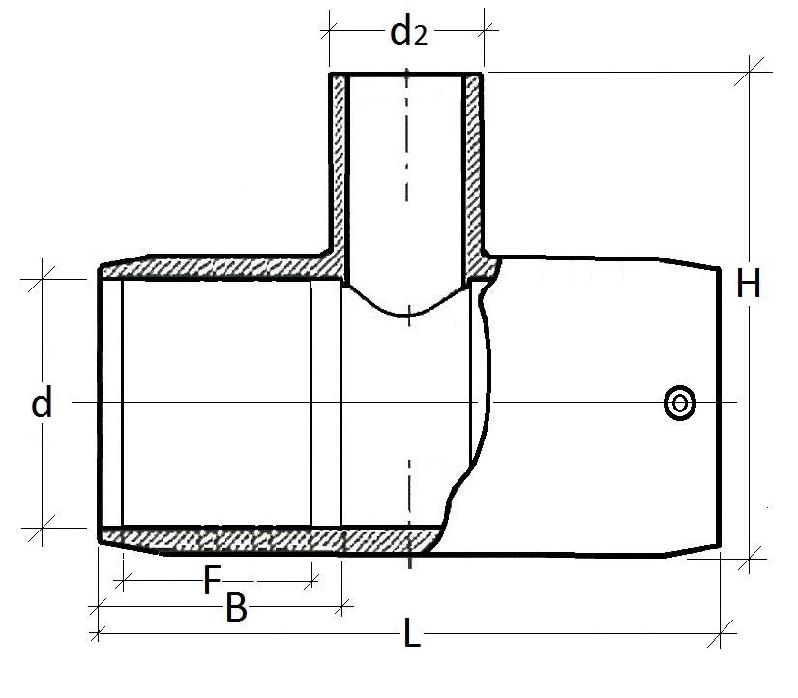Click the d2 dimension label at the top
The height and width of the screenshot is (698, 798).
pyautogui.click(x=407, y=33)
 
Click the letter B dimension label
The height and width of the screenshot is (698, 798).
pyautogui.click(x=235, y=609)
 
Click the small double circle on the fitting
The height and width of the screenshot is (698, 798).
pyautogui.click(x=679, y=403)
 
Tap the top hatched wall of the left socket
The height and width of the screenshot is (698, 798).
pyautogui.click(x=213, y=268)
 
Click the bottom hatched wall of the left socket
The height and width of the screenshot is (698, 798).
pyautogui.click(x=213, y=535)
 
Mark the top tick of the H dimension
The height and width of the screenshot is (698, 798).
pyautogui.click(x=752, y=73)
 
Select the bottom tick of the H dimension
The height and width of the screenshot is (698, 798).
pyautogui.click(x=752, y=558)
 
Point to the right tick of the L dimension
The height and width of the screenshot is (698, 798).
pyautogui.click(x=721, y=634)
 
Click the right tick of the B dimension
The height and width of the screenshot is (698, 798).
pyautogui.click(x=340, y=608)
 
